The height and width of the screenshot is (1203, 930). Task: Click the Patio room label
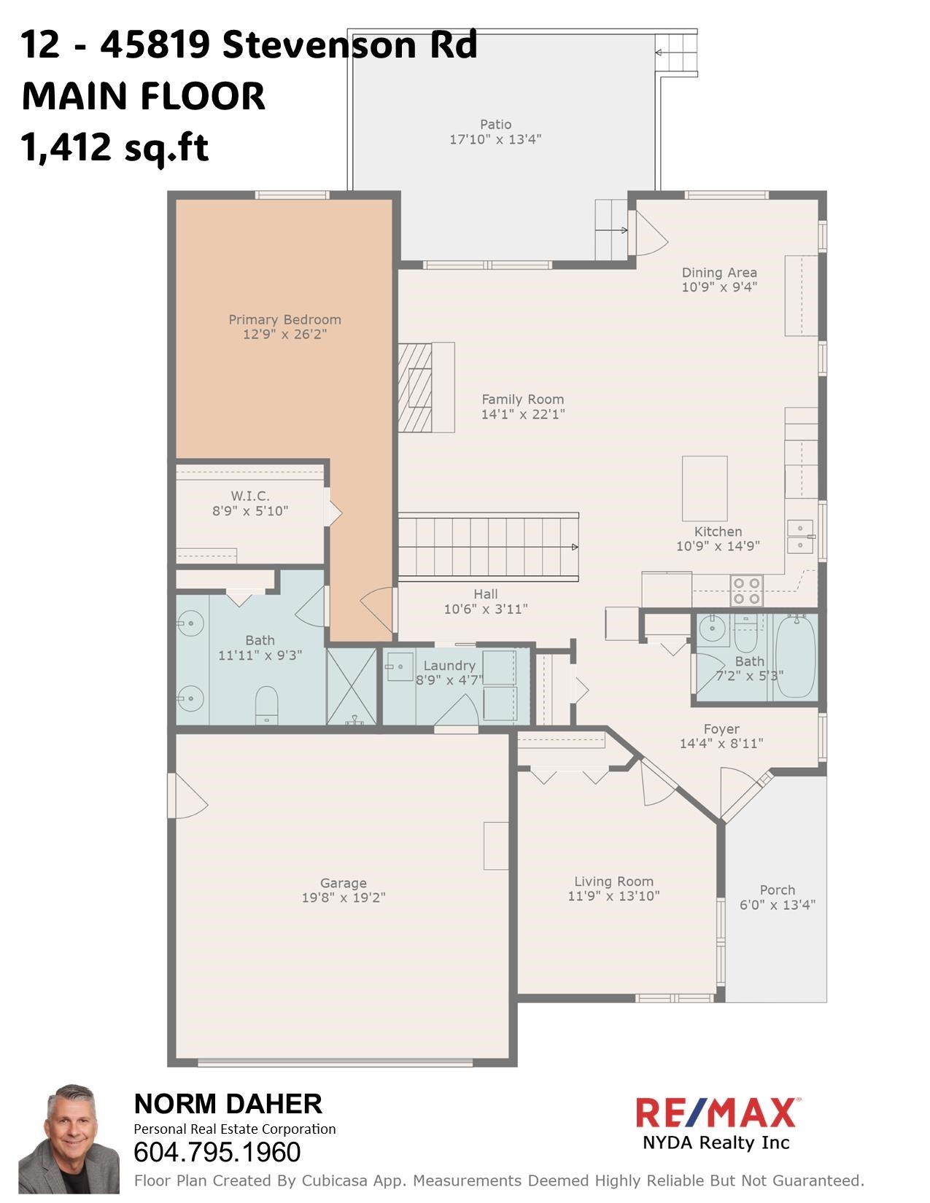[x=495, y=125]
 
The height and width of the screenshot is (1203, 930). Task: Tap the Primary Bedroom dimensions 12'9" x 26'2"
[x=284, y=335]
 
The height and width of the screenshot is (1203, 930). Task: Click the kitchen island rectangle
[x=705, y=488]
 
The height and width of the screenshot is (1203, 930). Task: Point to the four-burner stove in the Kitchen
[x=746, y=591]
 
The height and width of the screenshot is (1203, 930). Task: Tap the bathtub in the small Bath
[x=794, y=657]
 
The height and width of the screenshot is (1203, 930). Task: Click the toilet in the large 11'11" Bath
[x=267, y=705]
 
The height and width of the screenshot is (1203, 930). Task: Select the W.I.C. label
[x=250, y=496]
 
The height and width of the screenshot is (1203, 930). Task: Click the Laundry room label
[x=449, y=666]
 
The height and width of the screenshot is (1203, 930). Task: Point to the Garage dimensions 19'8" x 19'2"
[x=344, y=898]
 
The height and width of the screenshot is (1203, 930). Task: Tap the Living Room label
[x=613, y=881]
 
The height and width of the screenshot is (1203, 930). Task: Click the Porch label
[x=777, y=890]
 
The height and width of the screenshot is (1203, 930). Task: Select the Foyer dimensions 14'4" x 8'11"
[x=721, y=744]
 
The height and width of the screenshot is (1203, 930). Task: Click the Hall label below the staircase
[x=485, y=594]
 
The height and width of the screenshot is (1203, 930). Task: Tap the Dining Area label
[x=719, y=273]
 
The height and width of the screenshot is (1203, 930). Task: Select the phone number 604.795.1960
[x=217, y=1153]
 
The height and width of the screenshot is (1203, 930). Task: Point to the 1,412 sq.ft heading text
[x=115, y=147]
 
